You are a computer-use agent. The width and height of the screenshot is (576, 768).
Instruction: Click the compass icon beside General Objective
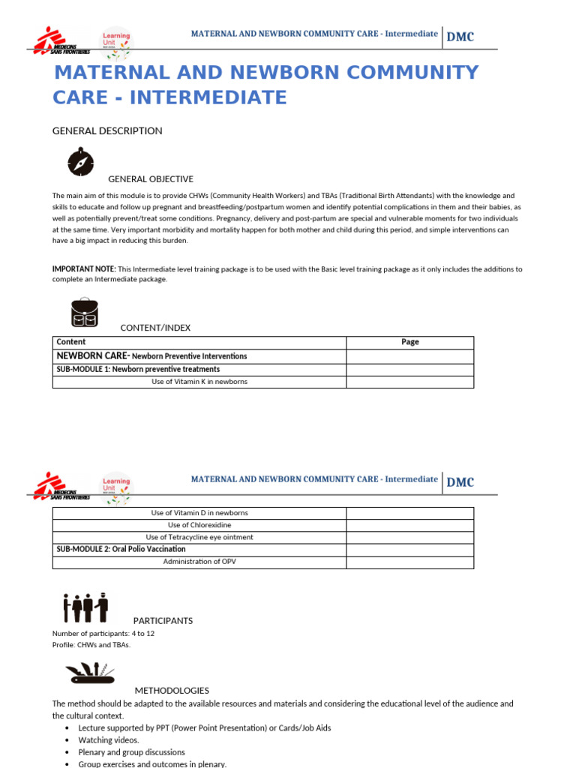tap(80, 161)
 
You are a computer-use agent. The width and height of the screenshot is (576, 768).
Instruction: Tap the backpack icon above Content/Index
tap(85, 313)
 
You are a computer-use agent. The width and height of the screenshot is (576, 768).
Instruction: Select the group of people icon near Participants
tap(86, 607)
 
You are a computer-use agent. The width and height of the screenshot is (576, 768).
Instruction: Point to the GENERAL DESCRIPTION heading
tap(106, 130)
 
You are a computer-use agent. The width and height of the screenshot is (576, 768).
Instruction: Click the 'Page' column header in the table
tap(409, 342)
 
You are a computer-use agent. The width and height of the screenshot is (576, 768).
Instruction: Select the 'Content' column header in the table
tap(71, 342)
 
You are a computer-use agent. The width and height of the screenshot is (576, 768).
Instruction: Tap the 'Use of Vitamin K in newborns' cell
tap(199, 382)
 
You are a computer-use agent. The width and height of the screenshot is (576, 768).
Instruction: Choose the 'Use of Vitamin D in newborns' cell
tap(199, 513)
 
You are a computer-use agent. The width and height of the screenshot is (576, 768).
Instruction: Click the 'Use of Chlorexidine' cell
tap(199, 525)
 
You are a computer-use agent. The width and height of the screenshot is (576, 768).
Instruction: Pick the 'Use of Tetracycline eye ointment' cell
tap(199, 537)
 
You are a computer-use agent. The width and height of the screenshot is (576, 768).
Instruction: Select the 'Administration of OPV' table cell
tap(199, 562)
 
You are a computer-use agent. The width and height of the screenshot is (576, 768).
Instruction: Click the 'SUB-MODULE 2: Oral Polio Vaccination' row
tap(121, 549)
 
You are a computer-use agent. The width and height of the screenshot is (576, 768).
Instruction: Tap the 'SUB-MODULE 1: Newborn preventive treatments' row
tap(138, 369)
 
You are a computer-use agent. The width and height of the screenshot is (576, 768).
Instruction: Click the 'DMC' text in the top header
tap(460, 37)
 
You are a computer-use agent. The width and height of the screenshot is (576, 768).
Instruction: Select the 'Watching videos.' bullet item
tap(109, 740)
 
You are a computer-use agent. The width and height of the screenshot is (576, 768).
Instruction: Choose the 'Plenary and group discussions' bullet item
tap(131, 752)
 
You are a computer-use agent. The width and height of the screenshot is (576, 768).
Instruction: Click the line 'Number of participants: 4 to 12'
tap(103, 634)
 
